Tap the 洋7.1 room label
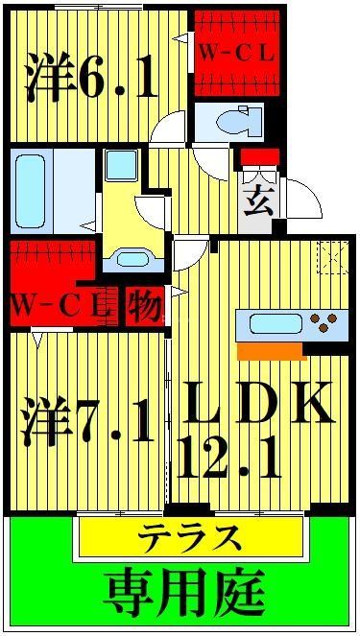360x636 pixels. [x=87, y=422]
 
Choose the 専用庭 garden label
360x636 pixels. [x=184, y=591]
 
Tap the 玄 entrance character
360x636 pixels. [x=254, y=203]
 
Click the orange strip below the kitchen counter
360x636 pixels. [x=258, y=350]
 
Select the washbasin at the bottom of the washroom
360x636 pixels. [x=128, y=258]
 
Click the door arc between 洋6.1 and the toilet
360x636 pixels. [x=169, y=130]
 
